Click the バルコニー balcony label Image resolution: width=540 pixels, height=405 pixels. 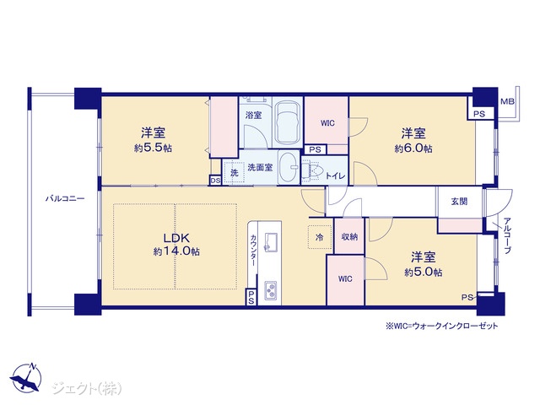[65, 199]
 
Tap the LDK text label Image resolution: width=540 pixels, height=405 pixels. [176, 238]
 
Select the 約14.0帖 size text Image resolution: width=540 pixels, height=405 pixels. [176, 251]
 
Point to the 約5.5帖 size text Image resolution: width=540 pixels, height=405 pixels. [153, 148]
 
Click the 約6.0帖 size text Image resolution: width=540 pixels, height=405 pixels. [413, 148]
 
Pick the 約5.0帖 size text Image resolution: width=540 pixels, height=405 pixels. [424, 272]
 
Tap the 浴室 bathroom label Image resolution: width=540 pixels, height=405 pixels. [253, 115]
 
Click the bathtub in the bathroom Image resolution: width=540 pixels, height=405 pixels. [288, 122]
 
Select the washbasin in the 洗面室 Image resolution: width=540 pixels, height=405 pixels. [289, 167]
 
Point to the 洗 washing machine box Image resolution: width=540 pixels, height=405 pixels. [235, 172]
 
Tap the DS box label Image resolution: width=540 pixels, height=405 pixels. [215, 181]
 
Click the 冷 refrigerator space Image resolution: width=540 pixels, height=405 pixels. [319, 237]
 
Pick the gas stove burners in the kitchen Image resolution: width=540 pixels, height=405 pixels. [270, 290]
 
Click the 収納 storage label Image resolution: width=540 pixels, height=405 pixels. [349, 236]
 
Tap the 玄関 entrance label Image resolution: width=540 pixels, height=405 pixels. [459, 202]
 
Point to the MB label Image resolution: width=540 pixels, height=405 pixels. [507, 101]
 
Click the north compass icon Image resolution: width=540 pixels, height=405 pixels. [26, 377]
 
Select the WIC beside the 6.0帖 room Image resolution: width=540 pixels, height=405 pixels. [327, 123]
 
